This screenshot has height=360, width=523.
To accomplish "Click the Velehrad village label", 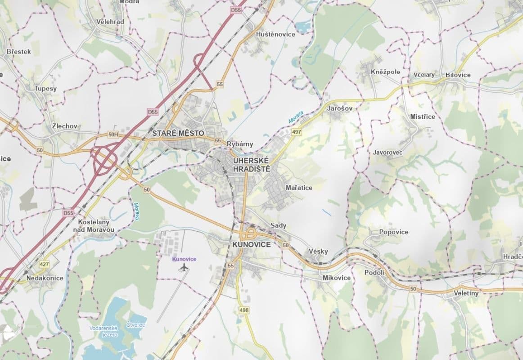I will [x=110, y=22].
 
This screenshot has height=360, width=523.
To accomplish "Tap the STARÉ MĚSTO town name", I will [x=178, y=133].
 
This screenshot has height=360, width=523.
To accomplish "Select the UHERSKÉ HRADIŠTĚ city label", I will [x=251, y=165].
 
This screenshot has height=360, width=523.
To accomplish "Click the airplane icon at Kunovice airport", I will [x=184, y=268].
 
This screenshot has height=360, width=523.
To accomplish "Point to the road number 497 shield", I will [x=296, y=132].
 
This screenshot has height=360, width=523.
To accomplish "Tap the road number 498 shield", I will [x=244, y=310].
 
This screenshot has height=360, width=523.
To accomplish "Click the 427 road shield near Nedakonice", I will [x=44, y=265].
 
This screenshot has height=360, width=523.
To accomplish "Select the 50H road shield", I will [x=113, y=134].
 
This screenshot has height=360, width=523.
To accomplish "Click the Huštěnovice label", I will [x=275, y=34].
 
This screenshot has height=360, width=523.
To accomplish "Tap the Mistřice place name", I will [x=423, y=117].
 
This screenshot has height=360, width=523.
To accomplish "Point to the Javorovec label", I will [x=388, y=153].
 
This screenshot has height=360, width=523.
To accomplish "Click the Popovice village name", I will [x=393, y=232].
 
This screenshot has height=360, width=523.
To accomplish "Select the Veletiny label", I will [x=466, y=293].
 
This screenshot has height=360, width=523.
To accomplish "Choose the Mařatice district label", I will [x=299, y=188].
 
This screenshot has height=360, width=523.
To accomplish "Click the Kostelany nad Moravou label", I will [x=94, y=226].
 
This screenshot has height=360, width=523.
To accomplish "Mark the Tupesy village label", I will [x=45, y=89].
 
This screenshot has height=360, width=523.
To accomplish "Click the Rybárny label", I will [x=240, y=144].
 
